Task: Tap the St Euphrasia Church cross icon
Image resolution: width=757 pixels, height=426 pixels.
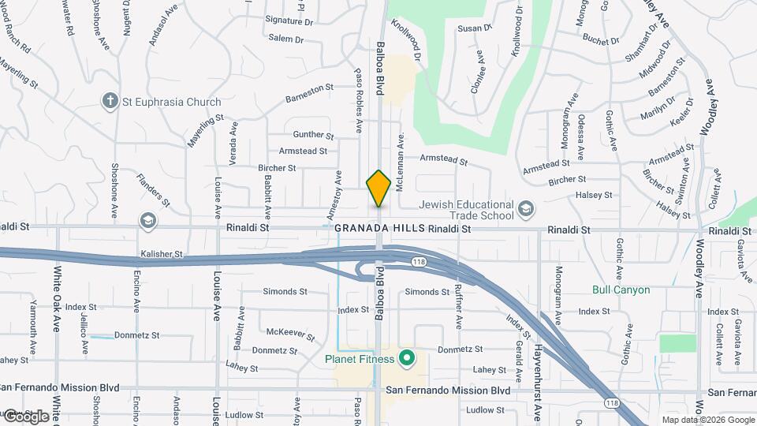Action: (110, 100)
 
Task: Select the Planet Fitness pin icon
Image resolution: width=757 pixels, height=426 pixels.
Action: (407, 360)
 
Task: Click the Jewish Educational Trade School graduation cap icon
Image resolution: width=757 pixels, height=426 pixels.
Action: (526, 209)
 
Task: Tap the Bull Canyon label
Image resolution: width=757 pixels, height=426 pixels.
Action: (621, 290)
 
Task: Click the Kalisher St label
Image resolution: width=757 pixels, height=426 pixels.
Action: (162, 255)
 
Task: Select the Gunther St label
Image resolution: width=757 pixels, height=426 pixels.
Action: (313, 135)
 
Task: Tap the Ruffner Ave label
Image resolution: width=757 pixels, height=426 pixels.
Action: (458, 306)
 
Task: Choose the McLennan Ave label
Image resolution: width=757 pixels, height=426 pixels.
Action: (401, 152)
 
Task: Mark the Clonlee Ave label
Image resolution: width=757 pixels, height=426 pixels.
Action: (477, 73)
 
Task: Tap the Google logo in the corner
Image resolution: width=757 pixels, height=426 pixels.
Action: (25, 416)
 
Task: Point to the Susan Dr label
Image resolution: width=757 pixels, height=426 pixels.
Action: (475, 28)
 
